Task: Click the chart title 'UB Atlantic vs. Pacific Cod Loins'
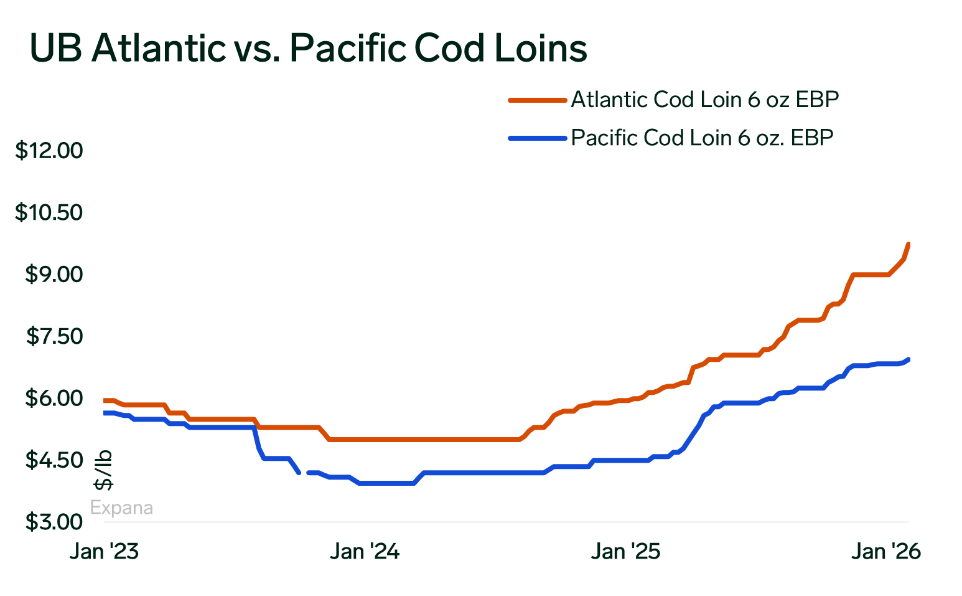[x=308, y=48]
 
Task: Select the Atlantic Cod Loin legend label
[x=704, y=100]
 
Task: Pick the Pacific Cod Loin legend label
[x=702, y=138]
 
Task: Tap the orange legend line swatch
[x=537, y=100]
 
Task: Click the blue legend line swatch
[x=537, y=138]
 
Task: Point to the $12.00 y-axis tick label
[x=49, y=151]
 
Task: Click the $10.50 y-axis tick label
[x=49, y=213]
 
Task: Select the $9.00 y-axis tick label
[x=54, y=275]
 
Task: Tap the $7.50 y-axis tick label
[x=54, y=336]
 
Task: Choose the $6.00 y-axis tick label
[x=54, y=398]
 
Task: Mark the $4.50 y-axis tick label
[x=54, y=460]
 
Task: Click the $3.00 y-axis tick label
[x=54, y=522]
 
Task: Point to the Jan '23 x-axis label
[x=104, y=552]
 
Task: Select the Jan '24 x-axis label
[x=365, y=552]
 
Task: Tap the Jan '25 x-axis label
[x=625, y=552]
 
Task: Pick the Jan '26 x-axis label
[x=886, y=552]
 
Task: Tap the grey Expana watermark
[x=121, y=508]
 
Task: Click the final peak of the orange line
[x=908, y=244]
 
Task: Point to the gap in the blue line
[x=304, y=473]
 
